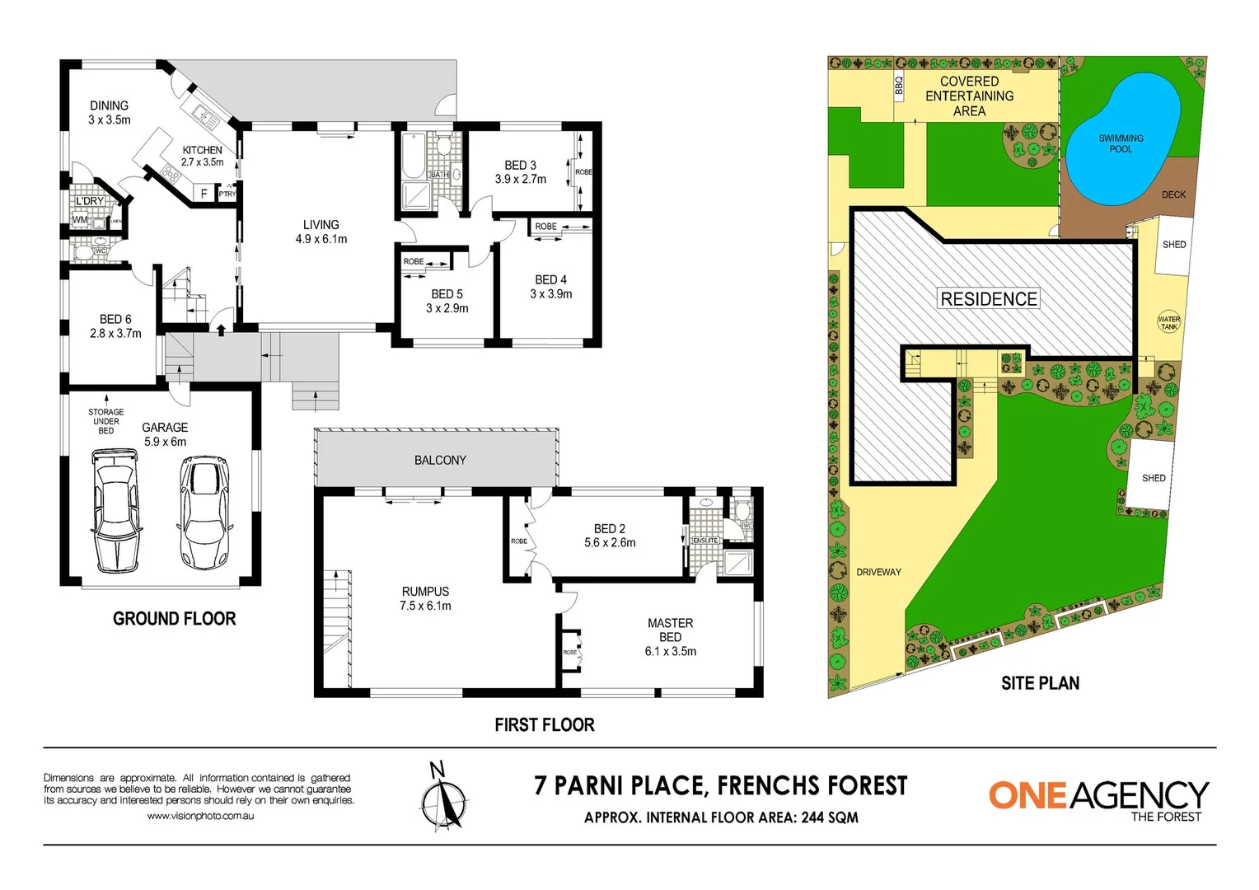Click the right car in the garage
[203, 512]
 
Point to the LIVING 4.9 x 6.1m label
[321, 232]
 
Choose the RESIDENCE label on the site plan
[989, 299]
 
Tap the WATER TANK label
[1168, 323]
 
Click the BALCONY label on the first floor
[440, 460]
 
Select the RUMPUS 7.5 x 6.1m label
[425, 598]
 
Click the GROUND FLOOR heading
[174, 619]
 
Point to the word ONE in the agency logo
[1027, 795]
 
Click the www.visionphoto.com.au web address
[200, 816]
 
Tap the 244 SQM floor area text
[829, 817]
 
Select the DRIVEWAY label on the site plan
[878, 572]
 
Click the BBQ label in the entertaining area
[899, 86]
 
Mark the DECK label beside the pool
[1173, 194]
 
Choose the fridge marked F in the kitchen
[204, 194]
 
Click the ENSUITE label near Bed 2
[705, 541]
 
